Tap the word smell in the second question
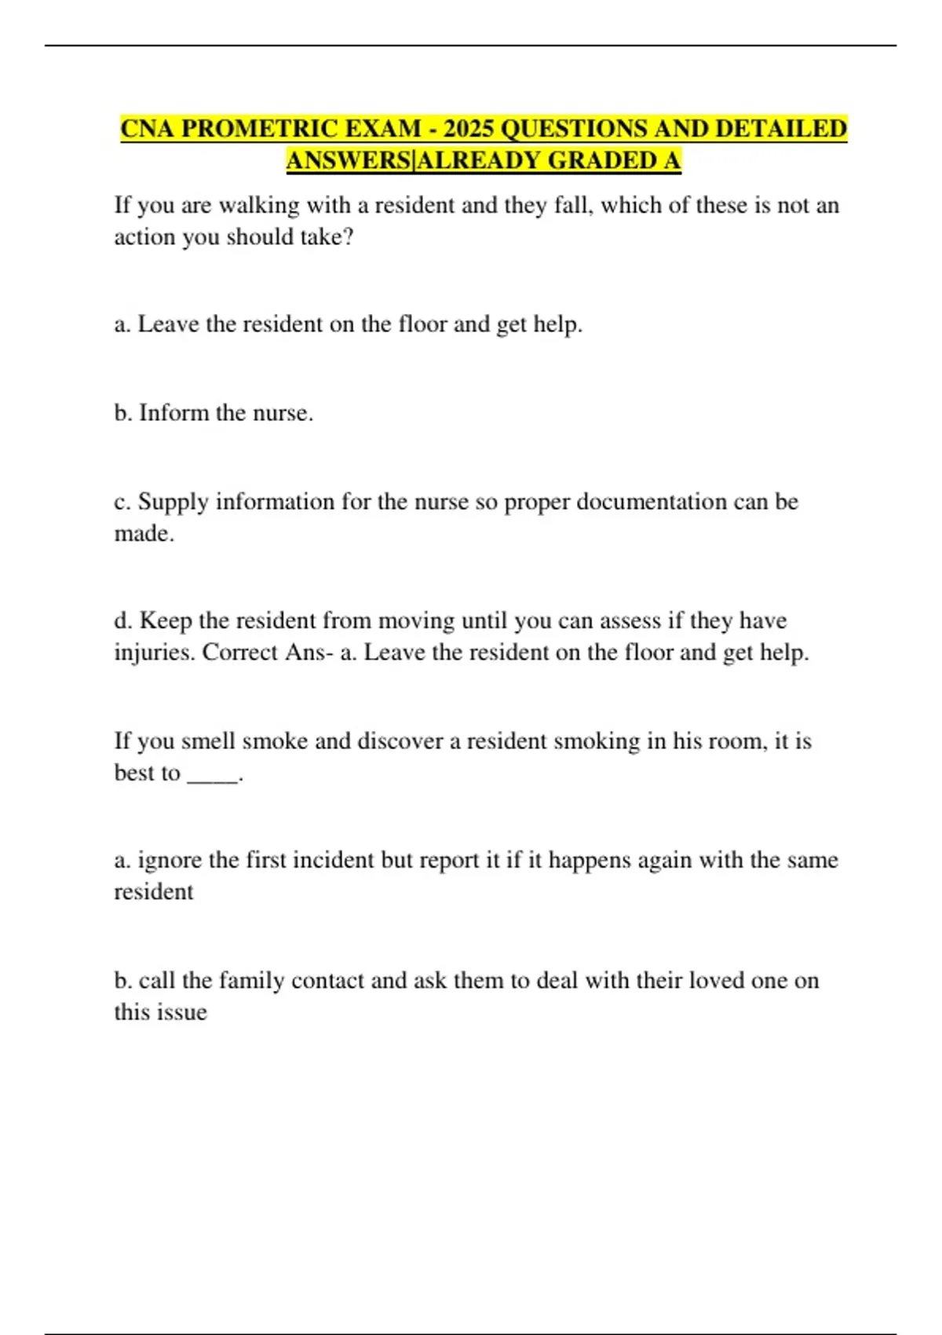(208, 741)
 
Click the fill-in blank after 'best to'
(213, 774)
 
